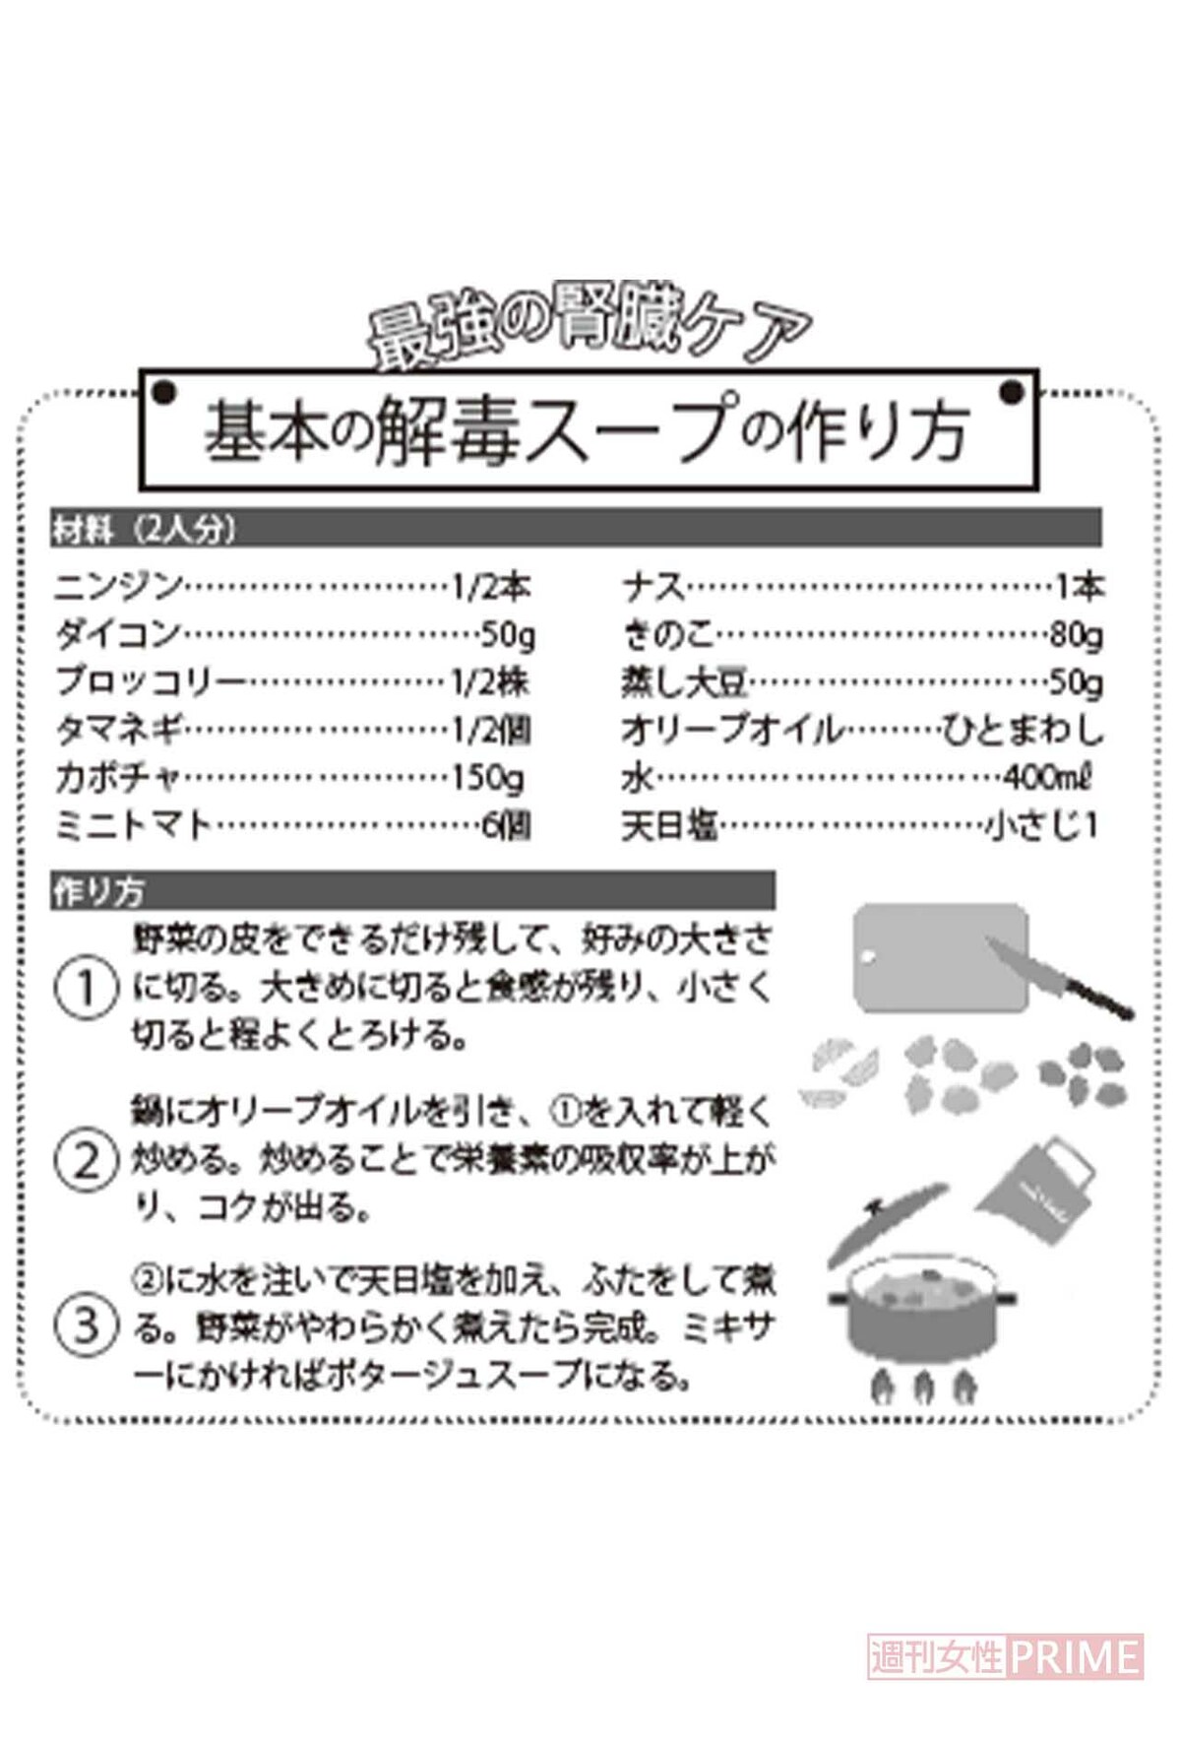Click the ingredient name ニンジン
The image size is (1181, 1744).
(119, 587)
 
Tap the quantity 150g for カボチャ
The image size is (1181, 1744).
(488, 778)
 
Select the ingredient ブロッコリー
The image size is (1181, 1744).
(151, 681)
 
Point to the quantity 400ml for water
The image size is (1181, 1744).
(1047, 778)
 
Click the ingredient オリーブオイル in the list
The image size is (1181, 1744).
(732, 731)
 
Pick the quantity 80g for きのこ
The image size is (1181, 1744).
(1076, 635)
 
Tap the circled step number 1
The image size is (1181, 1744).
(86, 989)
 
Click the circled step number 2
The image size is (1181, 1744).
(87, 1160)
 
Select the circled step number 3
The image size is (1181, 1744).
(87, 1325)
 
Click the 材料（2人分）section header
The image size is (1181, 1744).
(145, 530)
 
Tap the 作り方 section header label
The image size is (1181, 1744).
(98, 891)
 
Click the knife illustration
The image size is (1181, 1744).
(1059, 977)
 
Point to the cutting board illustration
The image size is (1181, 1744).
(940, 957)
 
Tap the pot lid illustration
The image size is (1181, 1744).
(887, 1222)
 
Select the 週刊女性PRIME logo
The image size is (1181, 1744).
(1005, 1655)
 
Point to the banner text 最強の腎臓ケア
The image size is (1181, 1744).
(589, 327)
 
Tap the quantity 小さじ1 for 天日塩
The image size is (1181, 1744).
(1041, 825)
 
